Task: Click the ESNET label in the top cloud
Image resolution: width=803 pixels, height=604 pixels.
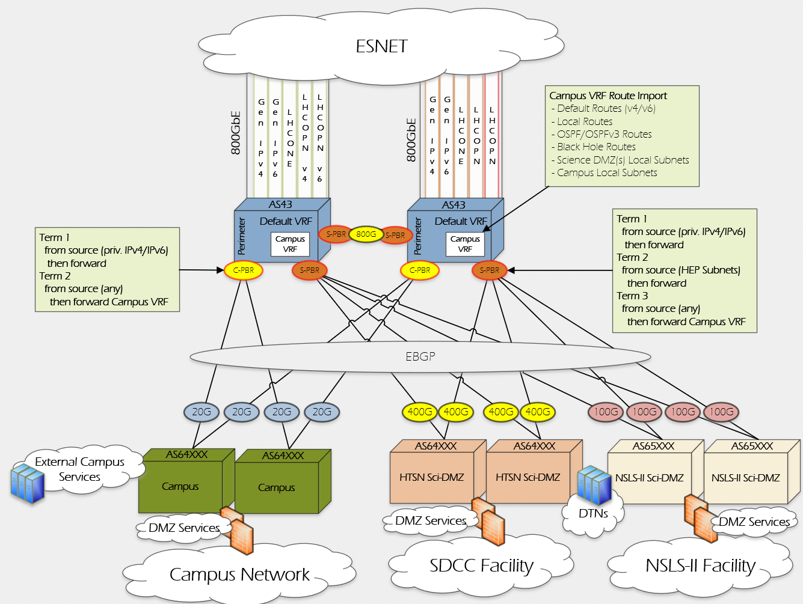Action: coord(382,46)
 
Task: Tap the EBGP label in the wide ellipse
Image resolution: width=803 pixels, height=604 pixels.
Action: coord(420,356)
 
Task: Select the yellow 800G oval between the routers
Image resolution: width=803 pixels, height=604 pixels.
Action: coord(366,234)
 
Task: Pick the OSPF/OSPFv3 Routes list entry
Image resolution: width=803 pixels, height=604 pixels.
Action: coord(604,134)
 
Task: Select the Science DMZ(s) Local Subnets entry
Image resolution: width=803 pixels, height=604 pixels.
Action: coord(623,160)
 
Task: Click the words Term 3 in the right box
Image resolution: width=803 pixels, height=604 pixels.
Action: coord(632,296)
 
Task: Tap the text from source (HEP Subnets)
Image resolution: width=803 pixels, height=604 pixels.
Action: coord(681,270)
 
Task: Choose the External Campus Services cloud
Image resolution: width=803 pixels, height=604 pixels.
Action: coord(80,469)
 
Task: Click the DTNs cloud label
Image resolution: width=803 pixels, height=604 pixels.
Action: coord(593,514)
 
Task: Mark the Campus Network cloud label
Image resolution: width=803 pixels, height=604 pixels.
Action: coord(239,575)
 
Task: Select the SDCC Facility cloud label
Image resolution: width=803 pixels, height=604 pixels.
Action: coord(481,566)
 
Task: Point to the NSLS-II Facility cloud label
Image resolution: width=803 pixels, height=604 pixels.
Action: coord(700,566)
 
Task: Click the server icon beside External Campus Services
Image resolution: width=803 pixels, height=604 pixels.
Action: coord(28,483)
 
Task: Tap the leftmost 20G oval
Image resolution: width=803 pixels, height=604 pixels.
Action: coord(202,412)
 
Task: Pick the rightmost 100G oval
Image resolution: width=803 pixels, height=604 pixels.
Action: coord(721,412)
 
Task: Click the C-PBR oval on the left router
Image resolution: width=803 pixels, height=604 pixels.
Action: coord(243,270)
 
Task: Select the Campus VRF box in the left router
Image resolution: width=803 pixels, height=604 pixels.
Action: coord(290,244)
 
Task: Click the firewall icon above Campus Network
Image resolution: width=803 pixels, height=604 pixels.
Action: coord(237,529)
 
